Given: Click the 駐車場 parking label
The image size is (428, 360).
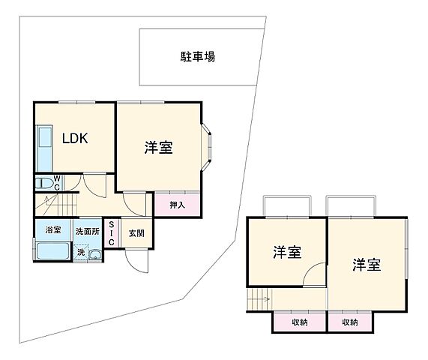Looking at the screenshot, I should (x=199, y=56).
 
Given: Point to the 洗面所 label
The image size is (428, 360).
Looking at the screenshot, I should (x=85, y=230).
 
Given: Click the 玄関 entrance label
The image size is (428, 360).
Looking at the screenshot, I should (x=136, y=232).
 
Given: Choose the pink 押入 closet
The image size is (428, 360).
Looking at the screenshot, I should (x=177, y=203).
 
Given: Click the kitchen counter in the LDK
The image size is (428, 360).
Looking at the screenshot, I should (x=43, y=148).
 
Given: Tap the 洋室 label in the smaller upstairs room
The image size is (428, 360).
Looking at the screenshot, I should (x=286, y=253).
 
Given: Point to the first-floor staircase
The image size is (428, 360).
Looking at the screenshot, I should (x=56, y=203).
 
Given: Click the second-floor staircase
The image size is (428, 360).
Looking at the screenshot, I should (x=259, y=300).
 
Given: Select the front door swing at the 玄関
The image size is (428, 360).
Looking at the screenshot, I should (x=136, y=262).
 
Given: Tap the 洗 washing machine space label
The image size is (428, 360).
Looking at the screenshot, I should (x=81, y=253).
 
